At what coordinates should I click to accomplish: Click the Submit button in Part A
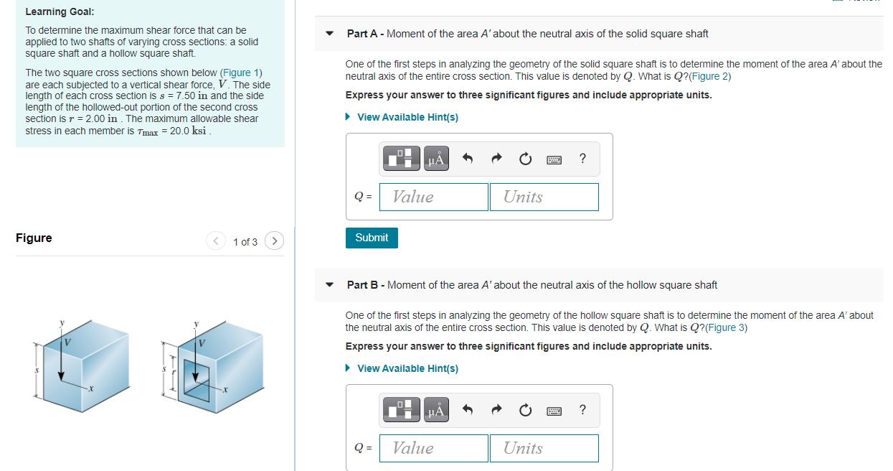point(372,238)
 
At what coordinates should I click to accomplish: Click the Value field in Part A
point(434,197)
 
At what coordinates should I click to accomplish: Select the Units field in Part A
point(544,197)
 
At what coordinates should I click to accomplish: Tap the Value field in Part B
point(434,448)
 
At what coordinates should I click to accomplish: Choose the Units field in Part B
point(544,448)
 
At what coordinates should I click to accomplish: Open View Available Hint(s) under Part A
point(407,117)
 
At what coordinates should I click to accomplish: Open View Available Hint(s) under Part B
point(407,368)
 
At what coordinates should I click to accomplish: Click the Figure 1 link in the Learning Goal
point(241,73)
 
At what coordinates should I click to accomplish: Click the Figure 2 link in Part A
point(709,76)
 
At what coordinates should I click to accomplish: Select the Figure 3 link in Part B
point(726,327)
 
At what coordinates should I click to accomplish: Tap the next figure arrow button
point(274,241)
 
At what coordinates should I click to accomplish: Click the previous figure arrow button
point(216,241)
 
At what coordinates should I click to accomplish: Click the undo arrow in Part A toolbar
point(468,159)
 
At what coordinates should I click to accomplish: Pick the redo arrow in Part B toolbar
point(496,409)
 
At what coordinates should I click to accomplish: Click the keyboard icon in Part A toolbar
point(554,159)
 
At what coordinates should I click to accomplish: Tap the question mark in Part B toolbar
point(582,409)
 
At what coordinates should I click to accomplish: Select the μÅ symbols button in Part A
point(436,159)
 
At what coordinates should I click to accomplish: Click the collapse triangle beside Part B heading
point(329,285)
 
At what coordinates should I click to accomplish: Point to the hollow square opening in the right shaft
point(197,381)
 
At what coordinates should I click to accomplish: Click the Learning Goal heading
point(60,11)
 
